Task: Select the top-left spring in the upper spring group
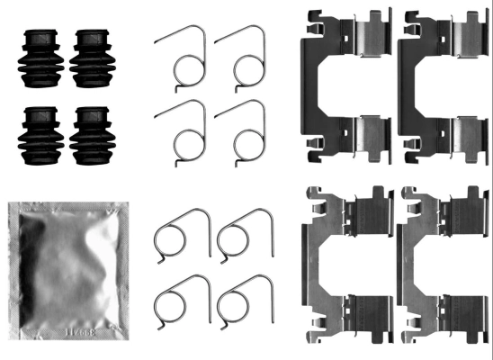pyautogui.click(x=184, y=58)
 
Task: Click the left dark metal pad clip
pyautogui.click(x=346, y=85)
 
